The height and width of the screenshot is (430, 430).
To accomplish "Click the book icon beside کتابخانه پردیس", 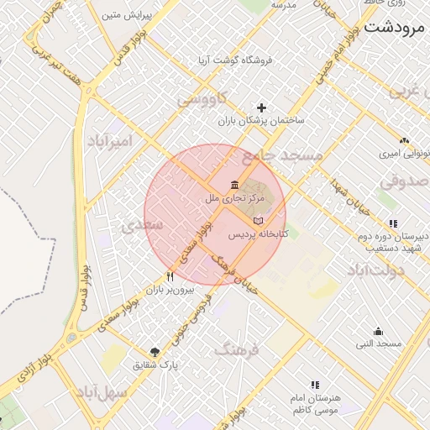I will tap(257, 220).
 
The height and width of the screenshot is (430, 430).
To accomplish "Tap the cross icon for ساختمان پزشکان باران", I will tap(261, 107).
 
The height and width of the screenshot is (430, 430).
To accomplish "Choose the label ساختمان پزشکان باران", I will tap(261, 121).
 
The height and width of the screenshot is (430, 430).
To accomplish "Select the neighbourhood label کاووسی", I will tap(202, 100).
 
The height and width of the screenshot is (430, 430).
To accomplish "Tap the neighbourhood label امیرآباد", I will tap(110, 141).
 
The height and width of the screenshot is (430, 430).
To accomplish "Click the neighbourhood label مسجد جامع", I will tap(282, 155).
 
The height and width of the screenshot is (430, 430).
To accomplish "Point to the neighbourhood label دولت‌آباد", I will tap(375, 270).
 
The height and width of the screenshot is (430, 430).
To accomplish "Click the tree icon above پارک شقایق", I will tap(155, 352).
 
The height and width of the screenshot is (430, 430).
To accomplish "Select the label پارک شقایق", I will tap(157, 365).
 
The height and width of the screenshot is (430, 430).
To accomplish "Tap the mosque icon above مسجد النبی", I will tap(379, 331).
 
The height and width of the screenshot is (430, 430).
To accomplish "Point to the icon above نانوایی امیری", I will tap(404, 140).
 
